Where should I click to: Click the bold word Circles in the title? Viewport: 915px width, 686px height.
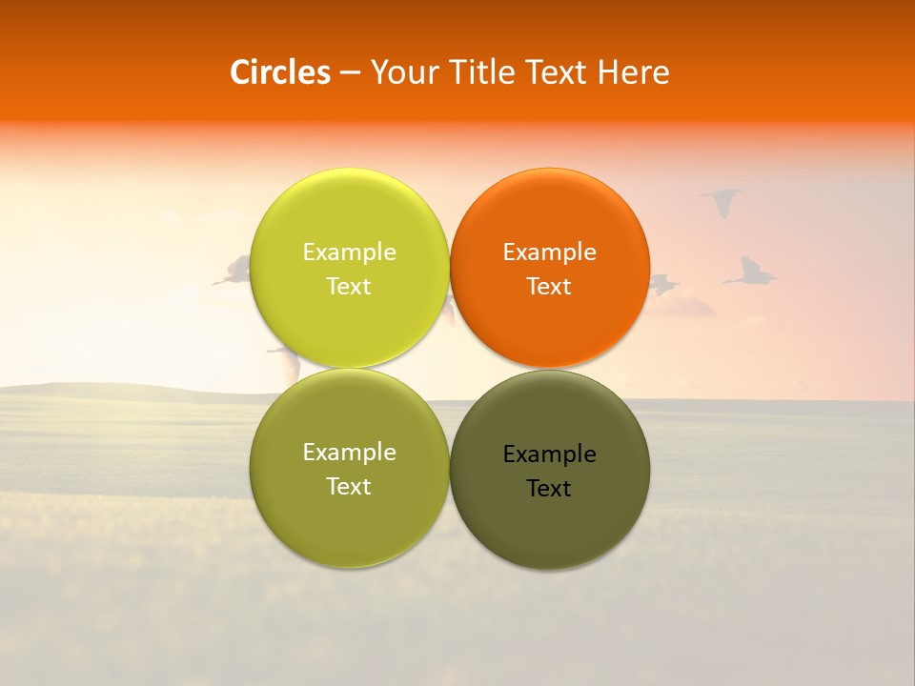point(279,72)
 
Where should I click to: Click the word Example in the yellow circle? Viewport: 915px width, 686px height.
point(349,252)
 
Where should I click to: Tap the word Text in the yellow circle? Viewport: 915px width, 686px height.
point(349,286)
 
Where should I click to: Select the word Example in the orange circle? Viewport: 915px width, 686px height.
point(549,252)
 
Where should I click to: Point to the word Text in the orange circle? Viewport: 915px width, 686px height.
point(549,286)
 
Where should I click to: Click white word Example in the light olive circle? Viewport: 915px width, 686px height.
point(349,452)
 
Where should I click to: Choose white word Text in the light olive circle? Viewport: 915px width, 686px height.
point(349,486)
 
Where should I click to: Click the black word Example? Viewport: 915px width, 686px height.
point(549,454)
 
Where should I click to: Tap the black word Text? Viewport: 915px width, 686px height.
point(549,488)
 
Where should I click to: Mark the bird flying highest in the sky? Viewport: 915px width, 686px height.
point(722,201)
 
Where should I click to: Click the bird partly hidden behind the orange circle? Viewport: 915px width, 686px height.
point(662,283)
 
